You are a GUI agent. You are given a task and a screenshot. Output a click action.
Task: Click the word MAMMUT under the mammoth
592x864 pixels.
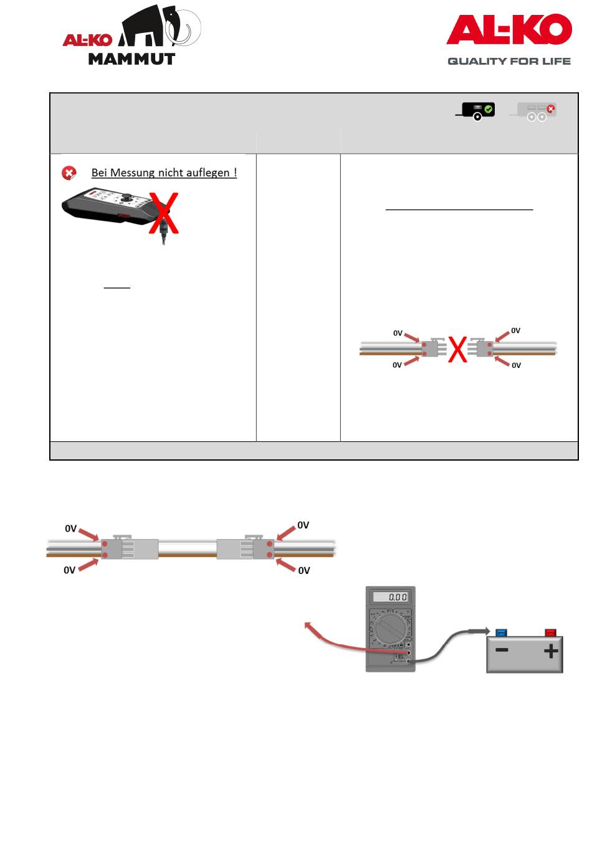[131, 59]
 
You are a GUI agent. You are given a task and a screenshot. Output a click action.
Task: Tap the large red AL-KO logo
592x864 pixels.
[508, 29]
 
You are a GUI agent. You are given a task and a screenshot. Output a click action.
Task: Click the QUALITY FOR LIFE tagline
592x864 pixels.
[508, 61]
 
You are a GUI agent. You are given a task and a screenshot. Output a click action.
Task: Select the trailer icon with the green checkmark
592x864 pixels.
[475, 111]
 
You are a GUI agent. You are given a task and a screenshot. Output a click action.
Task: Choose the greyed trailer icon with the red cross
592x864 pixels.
[534, 111]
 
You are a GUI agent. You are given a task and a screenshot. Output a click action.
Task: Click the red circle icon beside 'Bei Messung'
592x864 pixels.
[69, 173]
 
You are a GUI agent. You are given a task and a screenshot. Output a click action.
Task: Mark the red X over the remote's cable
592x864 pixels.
[163, 214]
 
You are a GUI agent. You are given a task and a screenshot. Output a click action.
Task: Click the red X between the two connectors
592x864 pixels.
[458, 350]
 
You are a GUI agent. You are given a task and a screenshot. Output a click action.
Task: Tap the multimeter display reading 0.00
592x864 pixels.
[390, 597]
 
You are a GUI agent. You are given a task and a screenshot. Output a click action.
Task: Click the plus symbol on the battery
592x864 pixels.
[550, 652]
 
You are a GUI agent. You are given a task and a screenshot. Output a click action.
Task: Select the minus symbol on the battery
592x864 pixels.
[501, 650]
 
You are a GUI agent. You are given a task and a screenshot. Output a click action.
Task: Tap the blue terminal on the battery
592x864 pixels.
[501, 633]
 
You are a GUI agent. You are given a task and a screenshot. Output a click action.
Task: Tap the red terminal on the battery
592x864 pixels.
[550, 633]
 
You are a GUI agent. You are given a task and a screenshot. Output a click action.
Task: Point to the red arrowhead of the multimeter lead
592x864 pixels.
[307, 624]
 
